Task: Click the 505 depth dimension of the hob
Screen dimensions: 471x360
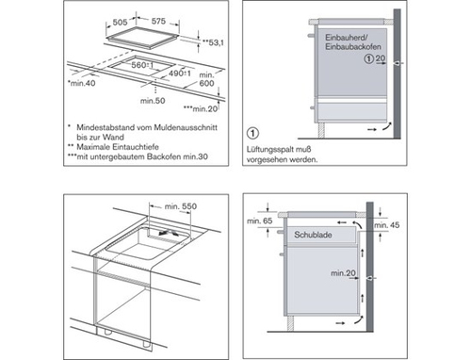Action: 120,23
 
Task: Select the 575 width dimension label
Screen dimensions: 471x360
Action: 158,21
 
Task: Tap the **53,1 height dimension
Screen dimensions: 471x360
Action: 213,42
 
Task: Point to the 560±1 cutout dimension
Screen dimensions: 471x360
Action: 142,65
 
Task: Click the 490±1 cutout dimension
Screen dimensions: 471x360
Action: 180,74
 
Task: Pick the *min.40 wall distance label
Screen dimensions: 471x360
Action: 81,83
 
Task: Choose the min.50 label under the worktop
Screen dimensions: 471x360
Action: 153,101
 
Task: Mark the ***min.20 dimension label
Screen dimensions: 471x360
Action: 201,109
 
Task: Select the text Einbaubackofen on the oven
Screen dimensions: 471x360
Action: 353,47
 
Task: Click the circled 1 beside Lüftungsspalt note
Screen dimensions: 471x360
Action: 252,133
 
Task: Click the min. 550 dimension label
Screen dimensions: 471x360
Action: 181,206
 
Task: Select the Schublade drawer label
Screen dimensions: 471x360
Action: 313,235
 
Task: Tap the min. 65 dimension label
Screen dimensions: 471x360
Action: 260,221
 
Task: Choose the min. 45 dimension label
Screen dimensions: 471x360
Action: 387,225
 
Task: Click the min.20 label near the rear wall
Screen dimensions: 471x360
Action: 343,273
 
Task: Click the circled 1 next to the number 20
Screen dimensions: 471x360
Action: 369,58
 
